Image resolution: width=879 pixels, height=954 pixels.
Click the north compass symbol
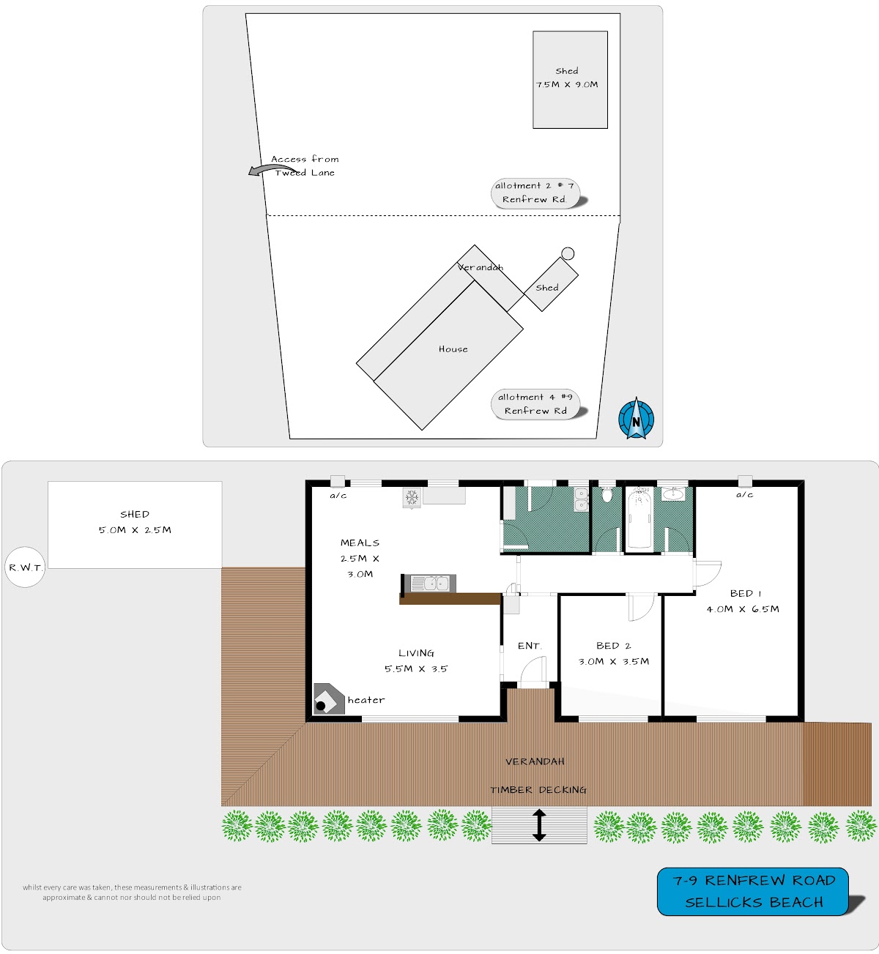[x=636, y=419]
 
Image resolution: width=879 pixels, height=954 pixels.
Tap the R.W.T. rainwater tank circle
[x=25, y=567]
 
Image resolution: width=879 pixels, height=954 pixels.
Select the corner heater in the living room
[x=328, y=698]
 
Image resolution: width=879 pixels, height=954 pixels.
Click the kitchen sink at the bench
[x=430, y=583]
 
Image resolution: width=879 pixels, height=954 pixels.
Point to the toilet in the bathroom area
[x=607, y=495]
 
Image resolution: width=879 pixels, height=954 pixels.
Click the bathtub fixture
[x=639, y=520]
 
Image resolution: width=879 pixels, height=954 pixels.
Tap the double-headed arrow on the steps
[x=538, y=825]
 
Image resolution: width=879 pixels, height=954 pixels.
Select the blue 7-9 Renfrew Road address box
[x=752, y=891]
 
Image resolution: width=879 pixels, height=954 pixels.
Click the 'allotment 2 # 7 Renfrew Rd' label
[x=535, y=193]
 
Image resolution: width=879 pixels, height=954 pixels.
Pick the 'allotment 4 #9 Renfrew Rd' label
[x=535, y=403]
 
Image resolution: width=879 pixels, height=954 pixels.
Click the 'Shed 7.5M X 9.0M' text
[x=567, y=78]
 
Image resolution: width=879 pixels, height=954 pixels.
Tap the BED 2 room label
[x=613, y=645]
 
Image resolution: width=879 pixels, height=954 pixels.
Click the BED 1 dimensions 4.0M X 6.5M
[x=743, y=608]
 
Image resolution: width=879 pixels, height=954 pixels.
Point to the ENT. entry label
[x=530, y=645]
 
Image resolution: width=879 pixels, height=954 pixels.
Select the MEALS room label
[x=360, y=543]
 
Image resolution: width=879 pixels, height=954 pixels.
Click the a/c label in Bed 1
[x=745, y=495]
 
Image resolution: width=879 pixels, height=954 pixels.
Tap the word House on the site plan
[x=453, y=349]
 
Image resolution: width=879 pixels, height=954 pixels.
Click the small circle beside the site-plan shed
[x=568, y=253]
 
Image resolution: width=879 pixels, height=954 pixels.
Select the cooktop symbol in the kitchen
[x=412, y=498]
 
